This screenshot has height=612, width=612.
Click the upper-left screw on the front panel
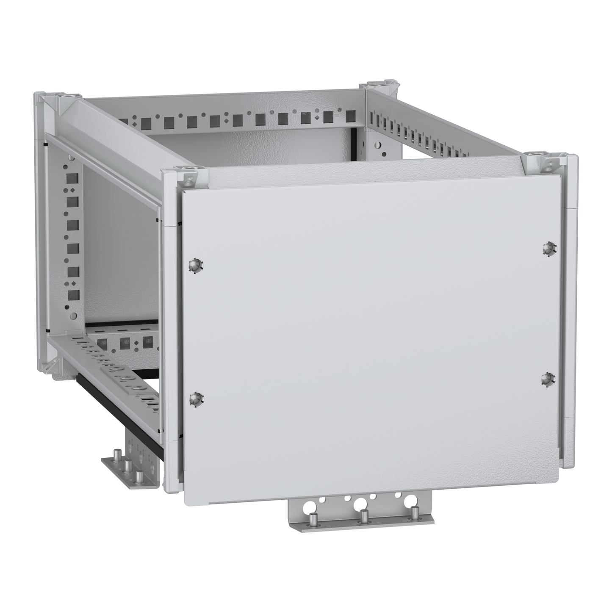tap(195, 266)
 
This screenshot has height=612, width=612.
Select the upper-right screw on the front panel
tap(548, 249)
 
